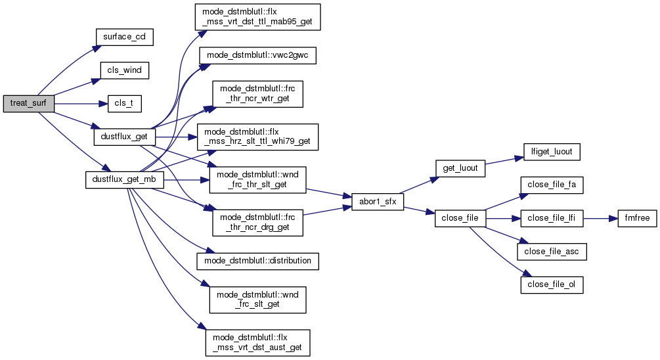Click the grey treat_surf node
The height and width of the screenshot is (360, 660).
[28, 103]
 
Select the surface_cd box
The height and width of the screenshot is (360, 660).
[124, 37]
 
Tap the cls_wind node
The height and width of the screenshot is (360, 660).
[124, 70]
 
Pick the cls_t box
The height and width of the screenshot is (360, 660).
[125, 103]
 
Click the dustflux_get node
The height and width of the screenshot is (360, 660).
[125, 137]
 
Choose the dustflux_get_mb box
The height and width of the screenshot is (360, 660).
[125, 179]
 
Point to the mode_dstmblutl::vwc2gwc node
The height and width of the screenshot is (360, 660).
[258, 56]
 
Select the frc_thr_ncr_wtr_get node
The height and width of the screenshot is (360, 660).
[257, 95]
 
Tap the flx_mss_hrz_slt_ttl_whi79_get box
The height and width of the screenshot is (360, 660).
[258, 137]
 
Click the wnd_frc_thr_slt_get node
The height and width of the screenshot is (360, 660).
[257, 179]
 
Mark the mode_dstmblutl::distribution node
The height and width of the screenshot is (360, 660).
[258, 261]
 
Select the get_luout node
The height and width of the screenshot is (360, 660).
[459, 168]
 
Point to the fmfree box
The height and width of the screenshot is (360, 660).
[637, 218]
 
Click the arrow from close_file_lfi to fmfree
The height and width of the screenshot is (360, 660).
[600, 218]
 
